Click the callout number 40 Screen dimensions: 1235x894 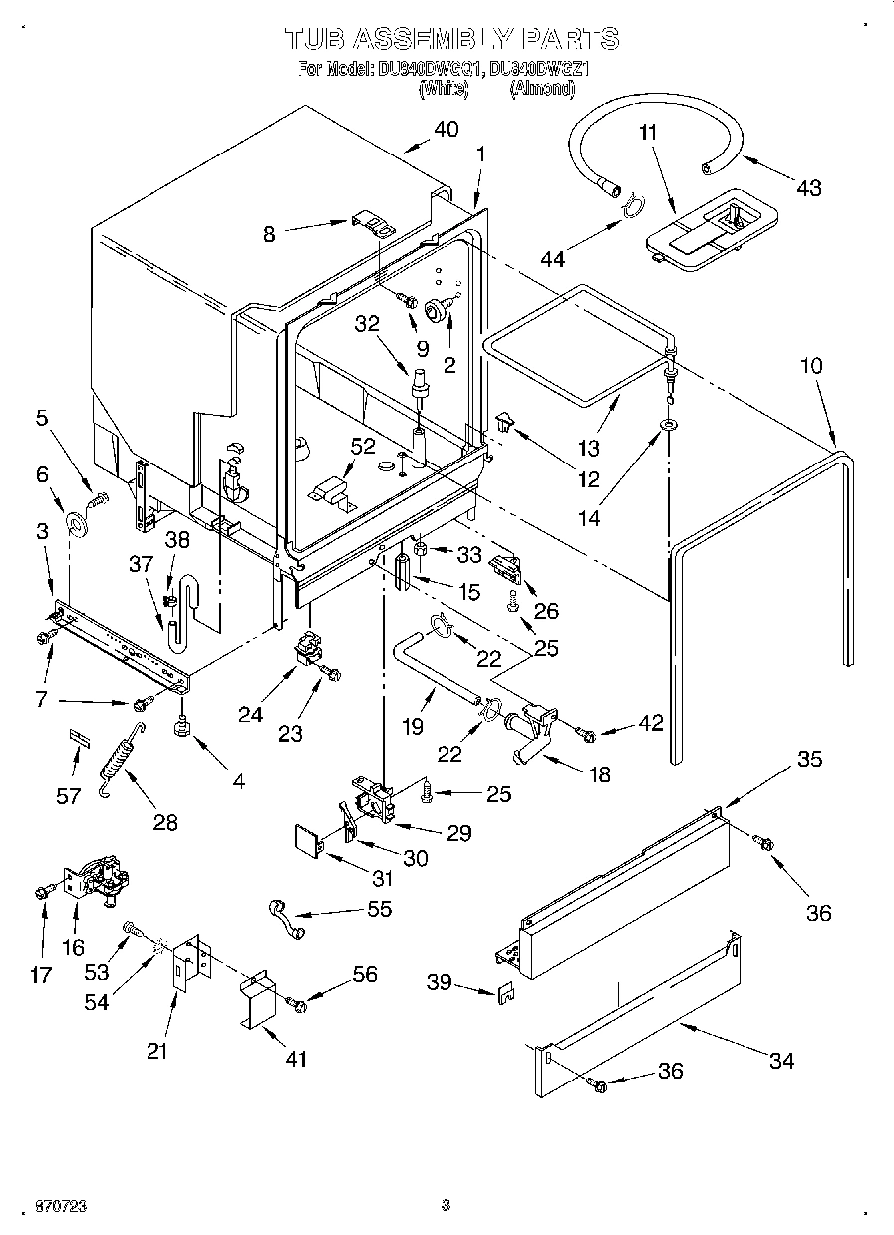pos(446,129)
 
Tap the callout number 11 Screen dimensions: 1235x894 pos(648,132)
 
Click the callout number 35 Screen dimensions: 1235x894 pos(809,760)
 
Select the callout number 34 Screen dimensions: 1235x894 pos(781,1061)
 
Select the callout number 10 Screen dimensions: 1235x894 pos(810,366)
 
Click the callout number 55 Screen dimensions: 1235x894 pos(379,909)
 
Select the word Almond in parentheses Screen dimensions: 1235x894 pos(542,89)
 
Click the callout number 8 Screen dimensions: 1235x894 pos(269,235)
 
